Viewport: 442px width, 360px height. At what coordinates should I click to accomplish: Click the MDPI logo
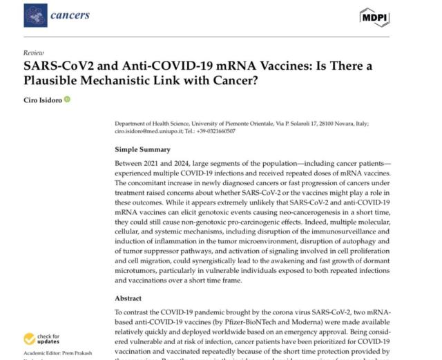(374, 15)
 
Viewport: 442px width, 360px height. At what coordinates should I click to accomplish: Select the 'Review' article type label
(32, 53)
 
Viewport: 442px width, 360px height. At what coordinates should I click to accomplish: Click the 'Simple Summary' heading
(143, 149)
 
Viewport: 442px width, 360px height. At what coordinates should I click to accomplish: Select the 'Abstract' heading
(132, 299)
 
